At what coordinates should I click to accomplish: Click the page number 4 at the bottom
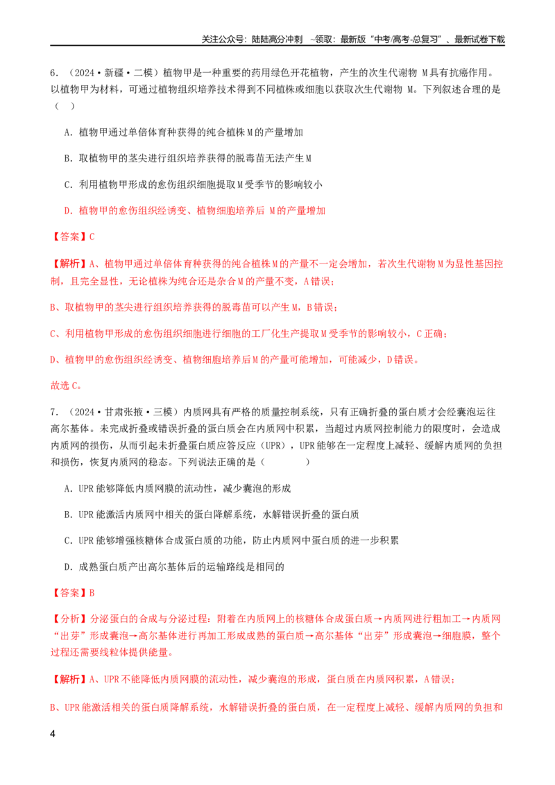click(x=53, y=734)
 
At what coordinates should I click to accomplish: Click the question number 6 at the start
click(x=53, y=73)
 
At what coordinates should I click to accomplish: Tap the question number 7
click(x=53, y=412)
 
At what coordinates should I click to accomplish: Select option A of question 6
click(x=183, y=132)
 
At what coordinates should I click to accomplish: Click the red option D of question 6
click(x=194, y=211)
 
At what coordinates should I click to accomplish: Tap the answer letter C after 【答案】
click(x=92, y=236)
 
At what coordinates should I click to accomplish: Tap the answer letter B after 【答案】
click(x=92, y=593)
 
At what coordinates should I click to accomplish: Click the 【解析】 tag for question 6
click(x=69, y=264)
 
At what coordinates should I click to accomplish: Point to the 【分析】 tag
click(x=69, y=619)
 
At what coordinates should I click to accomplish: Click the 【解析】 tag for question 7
click(x=69, y=680)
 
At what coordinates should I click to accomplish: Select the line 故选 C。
click(x=66, y=386)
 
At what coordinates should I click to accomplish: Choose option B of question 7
click(x=212, y=515)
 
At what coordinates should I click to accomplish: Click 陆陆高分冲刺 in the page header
click(x=277, y=39)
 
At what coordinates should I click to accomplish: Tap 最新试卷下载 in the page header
click(x=479, y=39)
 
